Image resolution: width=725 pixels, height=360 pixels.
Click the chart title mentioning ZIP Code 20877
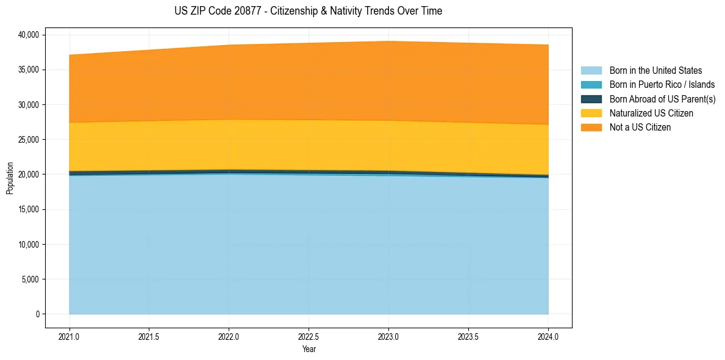pyautogui.click(x=308, y=11)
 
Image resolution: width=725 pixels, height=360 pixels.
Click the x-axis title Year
pyautogui.click(x=309, y=349)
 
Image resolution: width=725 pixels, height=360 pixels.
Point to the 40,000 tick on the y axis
pyautogui.click(x=28, y=35)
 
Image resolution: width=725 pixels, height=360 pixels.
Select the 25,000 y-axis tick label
pyautogui.click(x=28, y=140)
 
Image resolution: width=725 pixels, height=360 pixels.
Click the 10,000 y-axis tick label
pyautogui.click(x=28, y=245)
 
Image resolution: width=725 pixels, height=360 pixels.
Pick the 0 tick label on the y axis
pyautogui.click(x=37, y=314)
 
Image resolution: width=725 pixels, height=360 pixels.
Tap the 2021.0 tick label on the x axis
pyautogui.click(x=70, y=336)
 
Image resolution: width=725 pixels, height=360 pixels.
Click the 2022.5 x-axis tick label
pyautogui.click(x=309, y=336)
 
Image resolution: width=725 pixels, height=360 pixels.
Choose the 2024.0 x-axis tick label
pyautogui.click(x=548, y=336)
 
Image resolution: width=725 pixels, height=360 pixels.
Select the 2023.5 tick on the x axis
pyautogui.click(x=468, y=336)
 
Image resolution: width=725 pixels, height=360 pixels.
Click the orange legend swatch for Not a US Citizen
pyautogui.click(x=591, y=128)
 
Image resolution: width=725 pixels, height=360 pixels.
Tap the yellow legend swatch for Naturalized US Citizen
pyautogui.click(x=591, y=113)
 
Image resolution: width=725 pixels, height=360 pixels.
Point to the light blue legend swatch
pyautogui.click(x=591, y=71)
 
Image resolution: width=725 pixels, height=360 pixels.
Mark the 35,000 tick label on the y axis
pyautogui.click(x=28, y=70)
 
